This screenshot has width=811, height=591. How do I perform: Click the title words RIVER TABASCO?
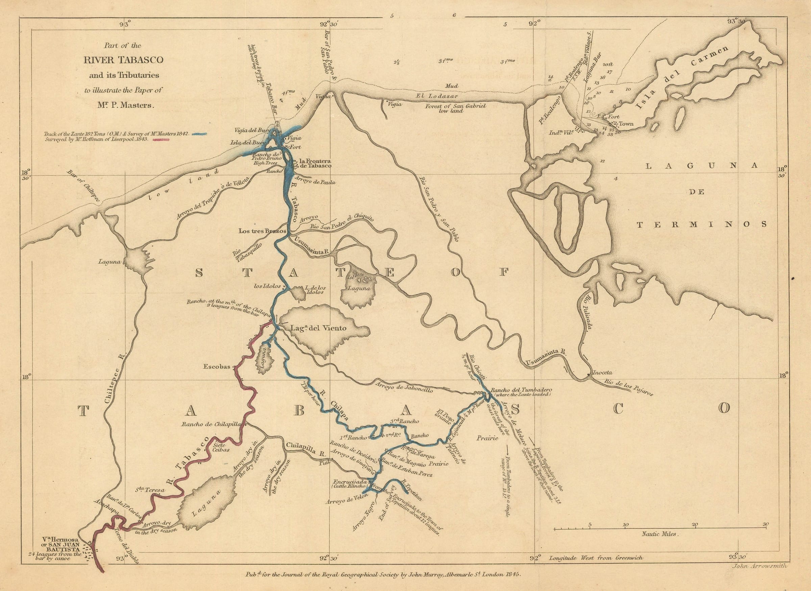pyautogui.click(x=123, y=60)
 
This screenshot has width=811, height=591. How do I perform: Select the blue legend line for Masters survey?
pyautogui.click(x=200, y=134)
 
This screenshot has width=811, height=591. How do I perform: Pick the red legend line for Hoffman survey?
pyautogui.click(x=161, y=140)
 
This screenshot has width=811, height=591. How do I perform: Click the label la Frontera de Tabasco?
pyautogui.click(x=315, y=163)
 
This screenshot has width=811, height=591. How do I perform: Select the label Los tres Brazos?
pyautogui.click(x=262, y=231)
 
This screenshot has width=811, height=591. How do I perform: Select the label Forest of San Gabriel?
pyautogui.click(x=456, y=106)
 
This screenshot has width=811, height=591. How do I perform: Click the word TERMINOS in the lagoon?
pyautogui.click(x=702, y=224)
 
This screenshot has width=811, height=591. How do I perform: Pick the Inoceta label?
pyautogui.click(x=603, y=372)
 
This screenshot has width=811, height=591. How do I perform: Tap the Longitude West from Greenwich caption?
pyautogui.click(x=596, y=557)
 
